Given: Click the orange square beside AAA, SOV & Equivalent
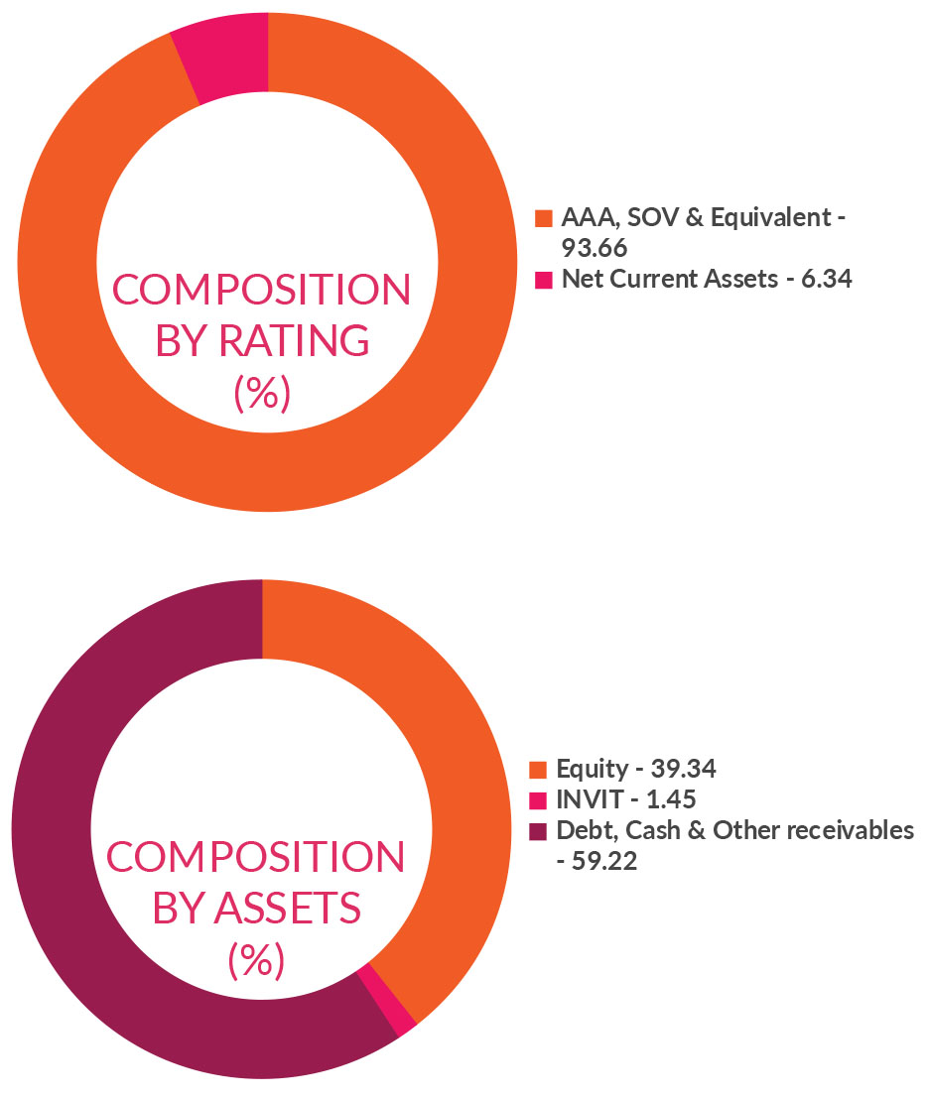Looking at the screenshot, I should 543,218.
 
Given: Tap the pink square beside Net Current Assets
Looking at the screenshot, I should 543,280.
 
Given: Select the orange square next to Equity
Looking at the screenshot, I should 539,770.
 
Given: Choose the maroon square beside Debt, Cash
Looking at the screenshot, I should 539,831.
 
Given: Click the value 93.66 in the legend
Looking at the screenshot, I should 594,248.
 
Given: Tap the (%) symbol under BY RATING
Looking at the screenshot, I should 262,394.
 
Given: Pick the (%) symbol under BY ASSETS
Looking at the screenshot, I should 256,959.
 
